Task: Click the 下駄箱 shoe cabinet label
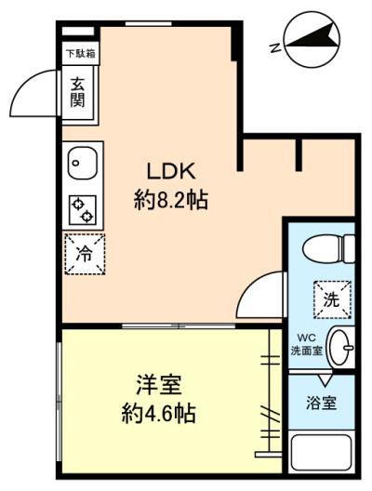point(81,54)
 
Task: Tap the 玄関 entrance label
point(77,92)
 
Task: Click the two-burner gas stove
point(83,210)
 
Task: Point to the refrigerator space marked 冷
point(85,254)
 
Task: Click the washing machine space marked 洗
point(332,300)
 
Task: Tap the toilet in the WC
point(328,249)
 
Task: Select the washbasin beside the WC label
point(340,347)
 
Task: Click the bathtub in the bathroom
point(321,452)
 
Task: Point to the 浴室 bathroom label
point(321,404)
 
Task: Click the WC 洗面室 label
point(307,345)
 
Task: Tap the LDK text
point(171,171)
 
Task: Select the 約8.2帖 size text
point(171,200)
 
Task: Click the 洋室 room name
point(159,385)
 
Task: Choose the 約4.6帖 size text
point(159,414)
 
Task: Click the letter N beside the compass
point(275,47)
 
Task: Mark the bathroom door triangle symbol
point(325,380)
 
